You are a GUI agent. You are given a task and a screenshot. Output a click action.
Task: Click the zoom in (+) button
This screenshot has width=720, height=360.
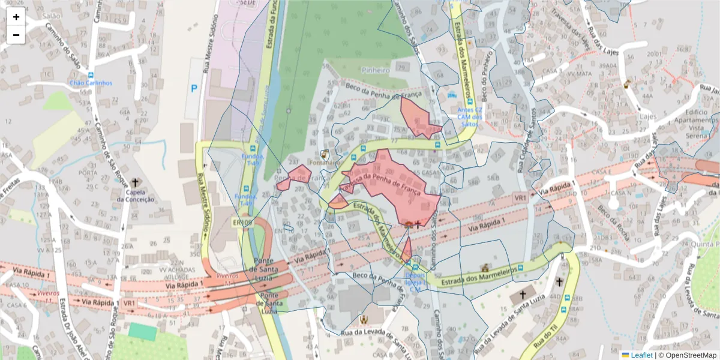coord(16,17)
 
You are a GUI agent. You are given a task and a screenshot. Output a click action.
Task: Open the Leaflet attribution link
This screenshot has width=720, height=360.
coord(641,355)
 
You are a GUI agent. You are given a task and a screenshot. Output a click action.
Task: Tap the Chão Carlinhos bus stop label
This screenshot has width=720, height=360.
coord(91,83)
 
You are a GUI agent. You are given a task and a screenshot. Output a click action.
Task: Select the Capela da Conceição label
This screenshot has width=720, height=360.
coord(136,196)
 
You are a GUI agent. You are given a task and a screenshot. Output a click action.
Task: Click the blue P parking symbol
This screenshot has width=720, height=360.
coord(194,88)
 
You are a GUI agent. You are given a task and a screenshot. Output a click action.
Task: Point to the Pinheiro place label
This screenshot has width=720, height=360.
coord(376,70)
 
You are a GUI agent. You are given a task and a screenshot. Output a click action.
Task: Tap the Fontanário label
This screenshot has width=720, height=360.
coord(325,162)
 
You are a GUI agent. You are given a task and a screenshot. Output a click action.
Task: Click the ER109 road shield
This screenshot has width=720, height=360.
coord(241,222)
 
